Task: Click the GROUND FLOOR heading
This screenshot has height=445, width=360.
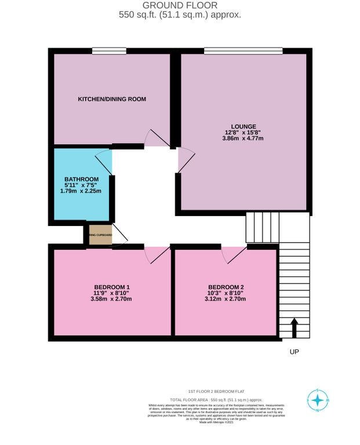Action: [180, 5]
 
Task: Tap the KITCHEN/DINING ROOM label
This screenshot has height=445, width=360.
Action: [112, 99]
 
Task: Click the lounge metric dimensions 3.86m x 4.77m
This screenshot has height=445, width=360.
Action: [244, 138]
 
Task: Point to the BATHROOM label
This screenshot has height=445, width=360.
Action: [81, 179]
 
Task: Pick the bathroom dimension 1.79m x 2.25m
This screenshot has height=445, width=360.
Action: [81, 191]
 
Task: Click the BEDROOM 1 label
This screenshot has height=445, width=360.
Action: [112, 287]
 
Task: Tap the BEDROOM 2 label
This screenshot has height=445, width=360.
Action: [226, 287]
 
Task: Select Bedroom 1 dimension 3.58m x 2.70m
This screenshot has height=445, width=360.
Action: [112, 300]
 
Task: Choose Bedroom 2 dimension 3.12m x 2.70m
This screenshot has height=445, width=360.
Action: [226, 300]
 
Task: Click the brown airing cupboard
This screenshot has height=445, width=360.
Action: [100, 235]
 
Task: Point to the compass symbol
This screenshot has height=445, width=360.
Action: [317, 400]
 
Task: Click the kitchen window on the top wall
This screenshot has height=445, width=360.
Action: [109, 52]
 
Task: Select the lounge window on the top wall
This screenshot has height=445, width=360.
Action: [243, 52]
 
